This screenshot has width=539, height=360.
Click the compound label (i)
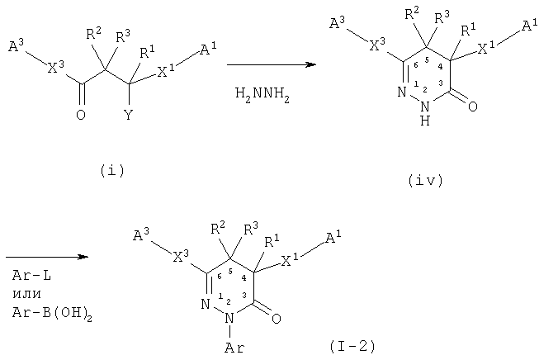(x=112, y=171)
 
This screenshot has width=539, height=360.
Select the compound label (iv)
(x=426, y=181)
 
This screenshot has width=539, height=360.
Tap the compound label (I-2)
(x=352, y=346)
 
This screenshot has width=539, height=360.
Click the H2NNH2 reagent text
(x=262, y=95)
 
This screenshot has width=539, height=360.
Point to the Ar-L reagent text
(x=31, y=276)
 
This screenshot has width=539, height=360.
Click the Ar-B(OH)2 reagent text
(x=52, y=314)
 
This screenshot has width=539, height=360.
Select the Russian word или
(x=26, y=295)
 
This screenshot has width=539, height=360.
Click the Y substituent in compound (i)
(x=128, y=114)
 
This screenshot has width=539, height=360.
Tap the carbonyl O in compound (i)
(x=81, y=115)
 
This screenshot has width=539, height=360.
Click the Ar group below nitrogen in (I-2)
(x=234, y=348)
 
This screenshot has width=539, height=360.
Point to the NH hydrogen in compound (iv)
(x=425, y=121)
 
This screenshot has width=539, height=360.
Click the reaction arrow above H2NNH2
(x=272, y=64)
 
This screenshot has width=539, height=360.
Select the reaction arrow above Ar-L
(x=47, y=257)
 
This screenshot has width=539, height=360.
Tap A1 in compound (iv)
(x=530, y=26)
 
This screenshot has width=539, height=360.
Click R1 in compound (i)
(x=147, y=52)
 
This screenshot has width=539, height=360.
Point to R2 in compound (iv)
(x=412, y=14)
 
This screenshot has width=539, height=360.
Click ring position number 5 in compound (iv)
(x=427, y=60)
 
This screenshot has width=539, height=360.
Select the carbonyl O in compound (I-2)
(x=276, y=319)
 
